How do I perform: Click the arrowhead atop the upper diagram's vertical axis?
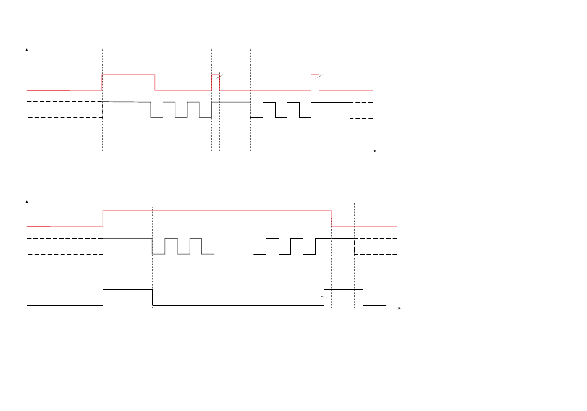[x=27, y=49]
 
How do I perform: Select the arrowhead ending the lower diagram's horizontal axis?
[x=400, y=307]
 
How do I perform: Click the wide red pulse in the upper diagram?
[x=128, y=75]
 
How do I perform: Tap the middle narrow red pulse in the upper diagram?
[x=216, y=75]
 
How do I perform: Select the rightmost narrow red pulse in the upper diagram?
[x=315, y=75]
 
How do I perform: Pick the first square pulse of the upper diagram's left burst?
[x=169, y=103]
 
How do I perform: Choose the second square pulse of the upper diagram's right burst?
[x=293, y=103]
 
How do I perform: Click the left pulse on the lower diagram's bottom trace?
[x=127, y=290]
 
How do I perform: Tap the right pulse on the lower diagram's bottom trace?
[x=344, y=290]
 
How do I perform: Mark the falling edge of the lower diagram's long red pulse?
[x=332, y=218]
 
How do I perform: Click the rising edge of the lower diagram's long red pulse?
[x=103, y=218]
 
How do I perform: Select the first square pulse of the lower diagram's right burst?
[x=272, y=239]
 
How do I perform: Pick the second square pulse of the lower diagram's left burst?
[x=196, y=239]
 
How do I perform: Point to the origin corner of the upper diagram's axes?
[x=27, y=151]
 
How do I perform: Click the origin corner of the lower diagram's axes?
[x=27, y=307]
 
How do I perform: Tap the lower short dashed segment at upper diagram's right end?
[x=361, y=118]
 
